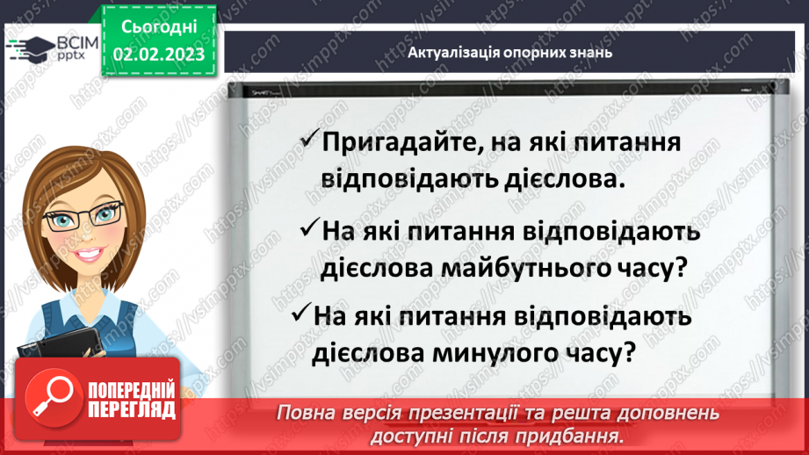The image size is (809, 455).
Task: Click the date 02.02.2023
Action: (158, 54)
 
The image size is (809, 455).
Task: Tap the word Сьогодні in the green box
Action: (158, 28)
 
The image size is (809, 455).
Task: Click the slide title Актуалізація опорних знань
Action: (510, 52)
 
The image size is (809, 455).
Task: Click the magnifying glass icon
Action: (47, 397)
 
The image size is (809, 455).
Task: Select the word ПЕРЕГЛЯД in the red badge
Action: (129, 409)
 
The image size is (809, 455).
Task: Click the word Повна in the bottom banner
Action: (307, 412)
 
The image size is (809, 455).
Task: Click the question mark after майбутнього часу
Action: (677, 269)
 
